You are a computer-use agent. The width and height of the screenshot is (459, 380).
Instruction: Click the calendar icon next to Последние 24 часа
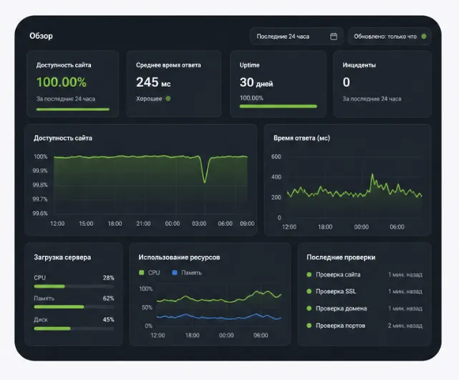334,37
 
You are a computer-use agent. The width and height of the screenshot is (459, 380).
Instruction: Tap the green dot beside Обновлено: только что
424,37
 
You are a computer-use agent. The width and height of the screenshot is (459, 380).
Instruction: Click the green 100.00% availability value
62,82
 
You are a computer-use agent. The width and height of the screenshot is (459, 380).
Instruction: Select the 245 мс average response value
153,82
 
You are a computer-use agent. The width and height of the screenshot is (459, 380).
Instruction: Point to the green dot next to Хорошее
168,98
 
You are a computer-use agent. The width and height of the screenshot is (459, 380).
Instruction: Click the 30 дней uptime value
256,82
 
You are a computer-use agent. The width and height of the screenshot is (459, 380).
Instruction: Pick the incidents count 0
347,82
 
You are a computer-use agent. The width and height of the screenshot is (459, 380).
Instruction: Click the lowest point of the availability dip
205,183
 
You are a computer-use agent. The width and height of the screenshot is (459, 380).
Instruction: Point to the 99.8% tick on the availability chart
40,185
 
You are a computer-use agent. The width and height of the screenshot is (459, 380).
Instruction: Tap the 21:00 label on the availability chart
143,224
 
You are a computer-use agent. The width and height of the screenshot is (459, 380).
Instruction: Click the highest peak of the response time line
372,174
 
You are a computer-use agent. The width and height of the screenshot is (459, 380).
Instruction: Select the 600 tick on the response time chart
276,156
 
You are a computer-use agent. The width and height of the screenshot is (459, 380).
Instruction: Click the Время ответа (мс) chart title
301,138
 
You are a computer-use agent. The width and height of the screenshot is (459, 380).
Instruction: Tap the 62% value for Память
108,298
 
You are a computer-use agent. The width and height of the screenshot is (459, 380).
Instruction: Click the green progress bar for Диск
52,328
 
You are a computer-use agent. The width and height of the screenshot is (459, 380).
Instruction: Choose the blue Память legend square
175,272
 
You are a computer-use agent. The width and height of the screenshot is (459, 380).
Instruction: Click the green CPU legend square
141,272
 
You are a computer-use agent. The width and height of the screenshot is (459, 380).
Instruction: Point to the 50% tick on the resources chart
147,308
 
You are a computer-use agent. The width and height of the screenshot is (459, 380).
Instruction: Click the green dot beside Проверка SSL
309,291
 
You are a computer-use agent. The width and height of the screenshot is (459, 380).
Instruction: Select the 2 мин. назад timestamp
405,326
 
